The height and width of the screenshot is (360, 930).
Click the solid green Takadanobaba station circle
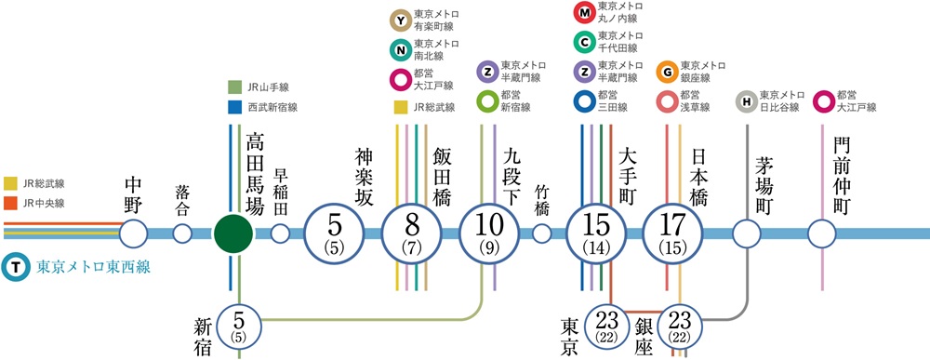232,233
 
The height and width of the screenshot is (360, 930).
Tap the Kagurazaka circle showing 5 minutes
337,233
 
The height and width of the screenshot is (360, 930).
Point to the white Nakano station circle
133,233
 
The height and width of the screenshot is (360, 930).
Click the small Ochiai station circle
182,233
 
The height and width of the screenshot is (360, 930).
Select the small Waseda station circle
280,233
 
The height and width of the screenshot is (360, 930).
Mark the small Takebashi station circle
541,233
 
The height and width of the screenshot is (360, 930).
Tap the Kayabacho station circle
747,233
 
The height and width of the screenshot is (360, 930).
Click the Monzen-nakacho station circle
821,233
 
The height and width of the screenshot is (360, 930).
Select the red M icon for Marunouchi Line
584,14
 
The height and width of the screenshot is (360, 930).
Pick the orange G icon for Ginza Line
666,72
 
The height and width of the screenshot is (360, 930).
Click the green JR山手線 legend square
233,87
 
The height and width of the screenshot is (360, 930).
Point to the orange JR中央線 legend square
10,203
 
